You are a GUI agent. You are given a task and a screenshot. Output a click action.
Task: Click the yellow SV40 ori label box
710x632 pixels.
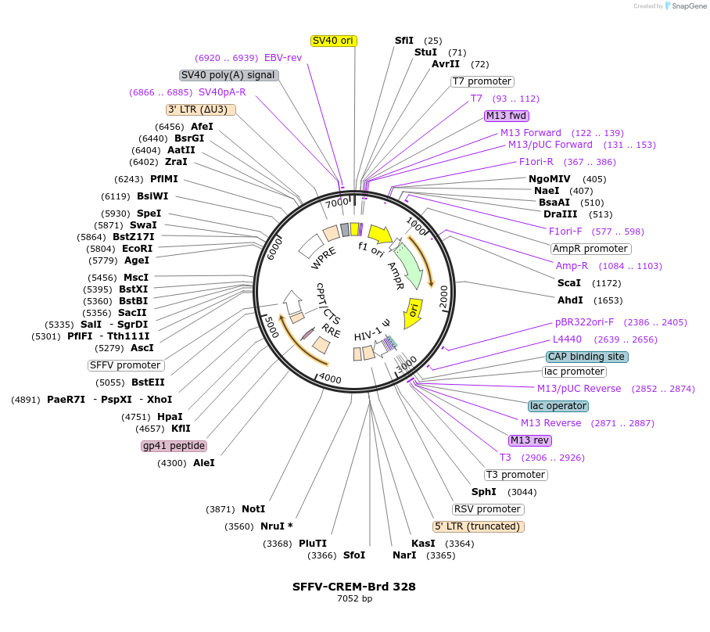click(x=334, y=41)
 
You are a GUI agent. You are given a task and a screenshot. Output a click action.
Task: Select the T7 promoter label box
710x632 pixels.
click(x=482, y=81)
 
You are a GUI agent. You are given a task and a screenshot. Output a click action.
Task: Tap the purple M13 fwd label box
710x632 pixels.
click(x=507, y=116)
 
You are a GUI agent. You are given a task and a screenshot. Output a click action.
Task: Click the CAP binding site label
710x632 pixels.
click(x=586, y=357)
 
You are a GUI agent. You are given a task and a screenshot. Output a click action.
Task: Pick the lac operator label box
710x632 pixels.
click(x=558, y=406)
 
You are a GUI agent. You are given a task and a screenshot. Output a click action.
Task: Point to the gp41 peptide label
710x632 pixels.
click(x=174, y=446)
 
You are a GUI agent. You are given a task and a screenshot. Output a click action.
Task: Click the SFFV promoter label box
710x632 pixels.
click(x=126, y=365)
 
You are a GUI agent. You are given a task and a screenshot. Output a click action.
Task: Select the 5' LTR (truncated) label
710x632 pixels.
click(x=479, y=526)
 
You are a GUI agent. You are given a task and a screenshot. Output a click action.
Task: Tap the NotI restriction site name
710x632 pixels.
click(x=253, y=509)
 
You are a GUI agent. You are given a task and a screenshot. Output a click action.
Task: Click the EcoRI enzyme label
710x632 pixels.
click(x=137, y=249)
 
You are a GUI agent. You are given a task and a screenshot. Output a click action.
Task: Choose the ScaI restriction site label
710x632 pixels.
click(x=568, y=283)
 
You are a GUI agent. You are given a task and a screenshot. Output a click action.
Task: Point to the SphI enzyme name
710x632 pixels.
click(x=483, y=492)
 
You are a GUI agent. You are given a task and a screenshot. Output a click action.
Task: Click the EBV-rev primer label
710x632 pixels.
click(x=283, y=58)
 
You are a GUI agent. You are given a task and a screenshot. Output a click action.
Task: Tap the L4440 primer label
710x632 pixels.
click(x=567, y=339)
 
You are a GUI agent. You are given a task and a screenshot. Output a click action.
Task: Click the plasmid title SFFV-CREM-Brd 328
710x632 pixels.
click(x=354, y=587)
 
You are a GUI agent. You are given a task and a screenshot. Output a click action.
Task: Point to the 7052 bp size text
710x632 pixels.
click(x=354, y=599)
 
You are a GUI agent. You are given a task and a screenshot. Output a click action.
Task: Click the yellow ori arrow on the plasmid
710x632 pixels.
click(x=413, y=309)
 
